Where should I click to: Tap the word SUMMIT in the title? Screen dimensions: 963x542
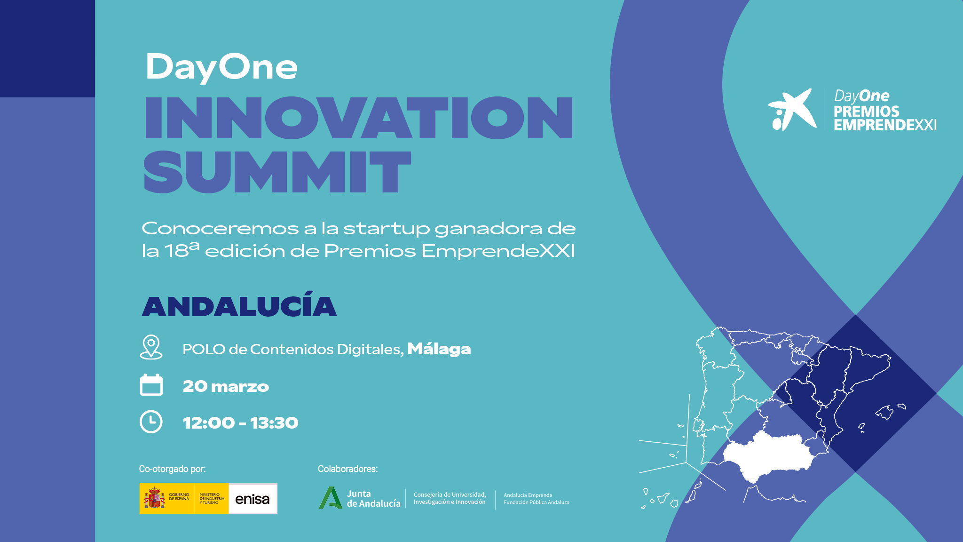pos(277,172)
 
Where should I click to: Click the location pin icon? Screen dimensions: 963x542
pos(151,347)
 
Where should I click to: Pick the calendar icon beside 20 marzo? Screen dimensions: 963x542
pos(151,385)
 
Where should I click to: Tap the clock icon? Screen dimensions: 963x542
pos(151,422)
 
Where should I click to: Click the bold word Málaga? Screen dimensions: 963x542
pos(439,349)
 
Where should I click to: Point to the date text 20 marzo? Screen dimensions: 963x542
pos(226,386)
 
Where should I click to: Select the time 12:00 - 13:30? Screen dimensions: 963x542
pos(240,422)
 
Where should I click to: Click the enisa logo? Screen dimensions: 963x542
pos(253,499)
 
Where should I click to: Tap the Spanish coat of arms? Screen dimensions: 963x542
pos(154,498)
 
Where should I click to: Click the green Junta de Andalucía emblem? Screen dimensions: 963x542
pos(331,498)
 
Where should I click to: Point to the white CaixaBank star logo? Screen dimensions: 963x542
pos(792,110)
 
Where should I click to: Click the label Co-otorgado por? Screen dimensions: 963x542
pos(172,469)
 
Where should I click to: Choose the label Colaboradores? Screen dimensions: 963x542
pos(347,469)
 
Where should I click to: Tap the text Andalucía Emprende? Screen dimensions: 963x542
pos(528,495)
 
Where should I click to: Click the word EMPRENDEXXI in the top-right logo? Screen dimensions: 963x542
pos(885,125)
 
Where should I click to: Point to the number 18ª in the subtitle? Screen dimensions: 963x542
pos(182,250)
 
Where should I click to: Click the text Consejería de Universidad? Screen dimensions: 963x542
pos(450,494)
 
